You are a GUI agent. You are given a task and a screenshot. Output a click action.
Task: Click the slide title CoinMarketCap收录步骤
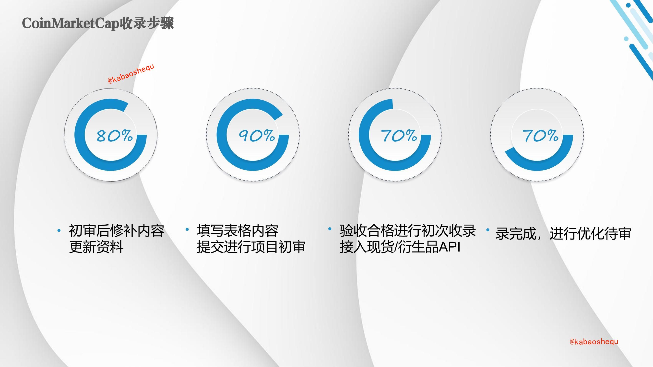click(98, 23)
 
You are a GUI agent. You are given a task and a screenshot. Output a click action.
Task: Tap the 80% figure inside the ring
click(115, 136)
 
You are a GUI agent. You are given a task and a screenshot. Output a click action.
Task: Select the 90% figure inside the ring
click(257, 136)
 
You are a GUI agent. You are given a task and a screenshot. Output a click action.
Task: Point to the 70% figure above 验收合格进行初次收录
click(399, 136)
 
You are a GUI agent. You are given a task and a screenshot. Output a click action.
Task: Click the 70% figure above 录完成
click(540, 136)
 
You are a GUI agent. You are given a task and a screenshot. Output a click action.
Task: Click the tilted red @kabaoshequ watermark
click(131, 74)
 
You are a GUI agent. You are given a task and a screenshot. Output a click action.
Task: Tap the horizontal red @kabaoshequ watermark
click(594, 342)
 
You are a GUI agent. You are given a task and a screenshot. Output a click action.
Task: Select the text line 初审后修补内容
click(117, 231)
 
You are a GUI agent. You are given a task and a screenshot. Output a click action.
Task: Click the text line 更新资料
click(96, 247)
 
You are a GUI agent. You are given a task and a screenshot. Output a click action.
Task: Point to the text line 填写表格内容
click(238, 231)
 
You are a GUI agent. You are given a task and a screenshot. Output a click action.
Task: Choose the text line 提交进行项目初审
click(251, 247)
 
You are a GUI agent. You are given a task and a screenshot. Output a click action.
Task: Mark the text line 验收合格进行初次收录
click(408, 231)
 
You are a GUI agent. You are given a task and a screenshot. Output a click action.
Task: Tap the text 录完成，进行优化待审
click(563, 233)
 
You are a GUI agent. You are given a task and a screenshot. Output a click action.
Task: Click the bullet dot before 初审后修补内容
click(59, 230)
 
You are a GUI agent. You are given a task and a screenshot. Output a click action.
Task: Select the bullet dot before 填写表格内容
click(187, 229)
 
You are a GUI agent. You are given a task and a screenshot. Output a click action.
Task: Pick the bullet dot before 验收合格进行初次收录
click(330, 229)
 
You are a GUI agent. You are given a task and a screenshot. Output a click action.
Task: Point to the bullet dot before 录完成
click(488, 230)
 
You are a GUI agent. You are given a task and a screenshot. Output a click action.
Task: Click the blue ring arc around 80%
click(80, 135)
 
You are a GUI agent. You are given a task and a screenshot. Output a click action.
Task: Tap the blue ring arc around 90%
click(222, 135)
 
